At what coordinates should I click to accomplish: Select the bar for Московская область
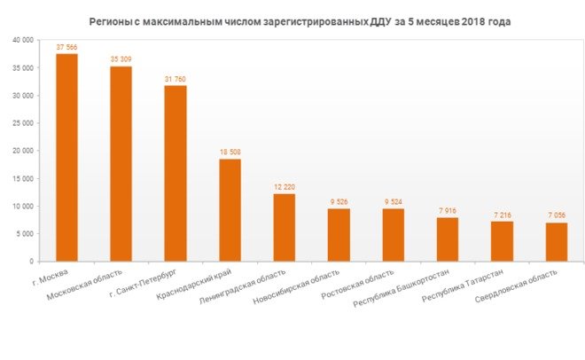click(x=121, y=164)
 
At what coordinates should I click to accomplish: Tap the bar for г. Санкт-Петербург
click(x=175, y=174)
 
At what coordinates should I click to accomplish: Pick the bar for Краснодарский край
click(x=230, y=210)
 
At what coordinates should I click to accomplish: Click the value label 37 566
click(x=66, y=47)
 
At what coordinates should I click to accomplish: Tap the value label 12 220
click(x=285, y=187)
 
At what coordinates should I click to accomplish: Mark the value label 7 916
click(x=448, y=211)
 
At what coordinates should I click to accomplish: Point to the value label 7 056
click(x=557, y=215)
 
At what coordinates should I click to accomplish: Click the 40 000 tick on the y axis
click(x=21, y=41)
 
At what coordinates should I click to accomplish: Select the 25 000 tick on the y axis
click(x=21, y=123)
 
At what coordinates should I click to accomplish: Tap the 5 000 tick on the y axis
click(x=24, y=234)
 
